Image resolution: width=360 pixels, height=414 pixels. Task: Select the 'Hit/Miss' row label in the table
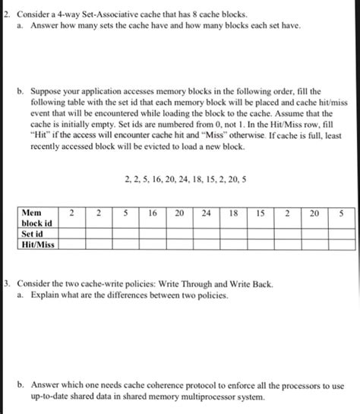point(39,245)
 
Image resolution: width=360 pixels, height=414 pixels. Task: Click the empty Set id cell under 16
point(153,234)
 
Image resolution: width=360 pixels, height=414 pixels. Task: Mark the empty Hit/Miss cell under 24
point(207,245)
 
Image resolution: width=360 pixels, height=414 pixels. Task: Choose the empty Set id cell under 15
point(261,234)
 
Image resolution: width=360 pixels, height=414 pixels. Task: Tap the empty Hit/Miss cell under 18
point(233,245)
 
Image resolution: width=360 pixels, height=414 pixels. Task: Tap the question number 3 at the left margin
point(5,282)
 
